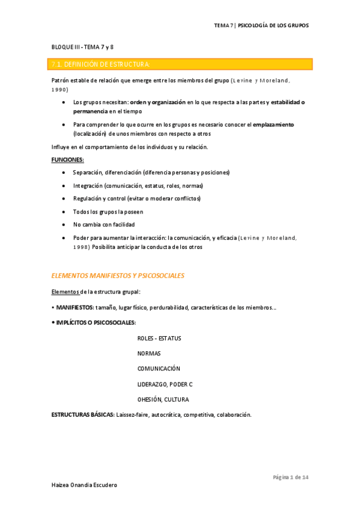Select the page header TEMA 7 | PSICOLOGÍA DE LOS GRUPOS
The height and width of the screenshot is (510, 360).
pos(261,26)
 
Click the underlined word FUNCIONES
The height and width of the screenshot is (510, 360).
pos(68,159)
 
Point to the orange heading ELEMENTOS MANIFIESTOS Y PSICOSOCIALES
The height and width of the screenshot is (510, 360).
pos(118,275)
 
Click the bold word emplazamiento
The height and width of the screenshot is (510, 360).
pos(273,124)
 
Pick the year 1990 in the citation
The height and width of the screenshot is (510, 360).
pos(59,89)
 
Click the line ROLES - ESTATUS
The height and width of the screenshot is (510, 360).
pos(159,338)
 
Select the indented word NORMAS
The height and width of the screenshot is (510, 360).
pos(149,353)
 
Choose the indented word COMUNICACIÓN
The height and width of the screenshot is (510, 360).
pos(159,369)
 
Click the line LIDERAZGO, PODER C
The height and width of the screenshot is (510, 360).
pos(164,384)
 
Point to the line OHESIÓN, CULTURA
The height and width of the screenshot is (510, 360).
pos(163,399)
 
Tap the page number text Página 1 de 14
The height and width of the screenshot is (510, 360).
pos(290,477)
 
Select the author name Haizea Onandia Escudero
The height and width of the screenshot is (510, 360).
pos(84,485)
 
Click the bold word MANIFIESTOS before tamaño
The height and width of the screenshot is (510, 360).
pos(75,307)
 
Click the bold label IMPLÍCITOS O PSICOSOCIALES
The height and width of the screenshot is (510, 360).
pos(96,322)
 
